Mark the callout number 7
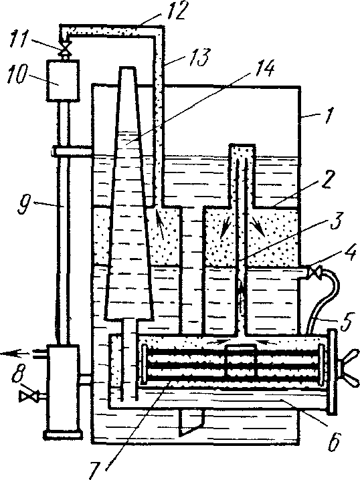click(x=95, y=469)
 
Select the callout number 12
click(x=175, y=11)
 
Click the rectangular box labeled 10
click(x=63, y=80)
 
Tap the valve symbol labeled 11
click(x=64, y=49)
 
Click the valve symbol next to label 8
click(x=28, y=396)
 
